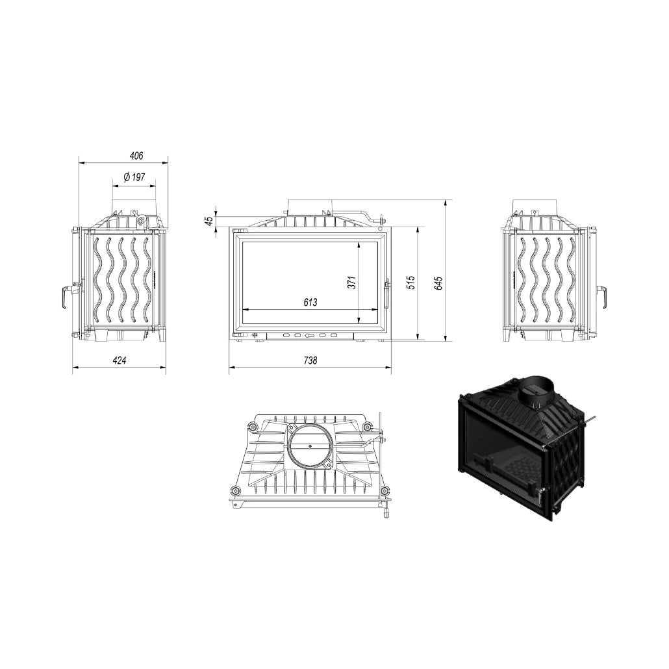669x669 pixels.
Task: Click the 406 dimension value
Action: (136, 156)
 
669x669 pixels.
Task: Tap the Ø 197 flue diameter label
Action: (134, 177)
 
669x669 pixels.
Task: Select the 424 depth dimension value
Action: (120, 360)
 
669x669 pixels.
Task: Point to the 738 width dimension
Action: (310, 360)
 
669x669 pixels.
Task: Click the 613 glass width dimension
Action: (310, 302)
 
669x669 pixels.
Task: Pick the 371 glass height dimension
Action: (351, 283)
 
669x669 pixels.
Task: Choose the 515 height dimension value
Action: (410, 283)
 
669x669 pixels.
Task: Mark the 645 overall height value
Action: (438, 283)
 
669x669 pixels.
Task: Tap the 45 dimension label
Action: (209, 221)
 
